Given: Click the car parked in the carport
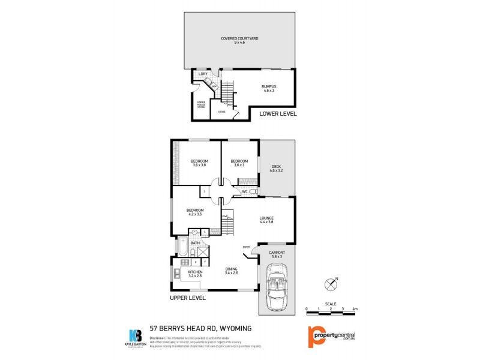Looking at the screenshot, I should [x=277, y=290].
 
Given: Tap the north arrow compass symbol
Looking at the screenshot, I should [x=329, y=283].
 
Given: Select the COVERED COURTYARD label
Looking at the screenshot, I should [x=239, y=40].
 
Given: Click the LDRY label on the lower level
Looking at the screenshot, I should [x=203, y=74].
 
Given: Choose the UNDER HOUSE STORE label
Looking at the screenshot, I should [x=201, y=104].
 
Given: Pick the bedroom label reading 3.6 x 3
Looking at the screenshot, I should [x=239, y=163].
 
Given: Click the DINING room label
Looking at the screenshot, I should [x=232, y=271].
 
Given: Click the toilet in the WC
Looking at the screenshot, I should [x=253, y=191].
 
